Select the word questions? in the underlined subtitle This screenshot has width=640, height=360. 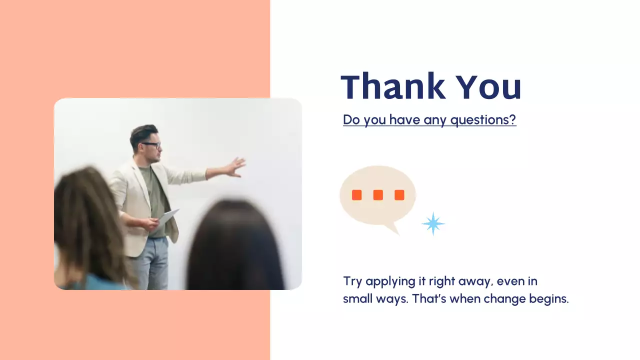(x=483, y=120)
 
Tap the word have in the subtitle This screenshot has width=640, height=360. (x=404, y=119)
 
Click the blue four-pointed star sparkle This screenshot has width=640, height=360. (x=433, y=223)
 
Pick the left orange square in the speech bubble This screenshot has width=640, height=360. (x=357, y=195)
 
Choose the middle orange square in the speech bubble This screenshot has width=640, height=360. (x=378, y=195)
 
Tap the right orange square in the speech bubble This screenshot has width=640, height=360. (x=399, y=195)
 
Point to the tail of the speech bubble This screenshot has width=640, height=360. (x=392, y=228)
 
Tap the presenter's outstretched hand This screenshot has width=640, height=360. (x=235, y=167)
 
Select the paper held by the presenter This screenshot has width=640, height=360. (x=168, y=217)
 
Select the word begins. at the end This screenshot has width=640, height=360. (x=549, y=299)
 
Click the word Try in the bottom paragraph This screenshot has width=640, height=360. (x=352, y=281)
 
